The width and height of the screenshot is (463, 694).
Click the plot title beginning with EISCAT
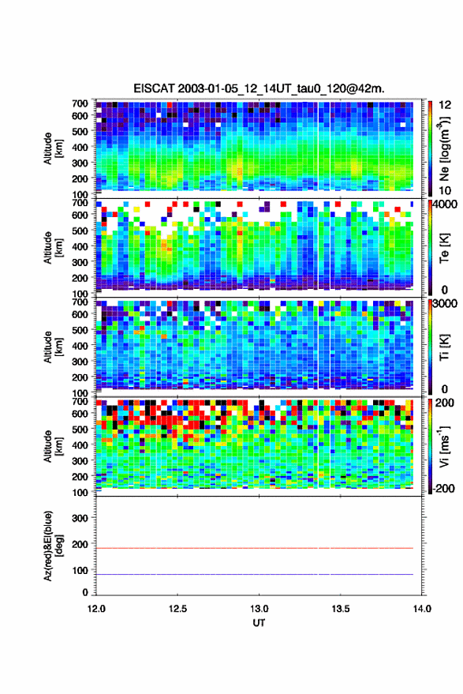click(x=259, y=88)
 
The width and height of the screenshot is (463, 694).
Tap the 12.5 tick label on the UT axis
click(x=177, y=609)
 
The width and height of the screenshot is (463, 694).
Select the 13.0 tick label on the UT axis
click(x=259, y=609)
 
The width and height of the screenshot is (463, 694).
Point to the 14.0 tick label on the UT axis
click(x=421, y=609)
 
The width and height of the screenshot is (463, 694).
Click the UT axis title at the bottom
click(x=259, y=623)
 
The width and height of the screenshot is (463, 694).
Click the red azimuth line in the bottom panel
click(x=255, y=549)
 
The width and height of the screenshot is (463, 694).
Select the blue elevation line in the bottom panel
click(x=255, y=574)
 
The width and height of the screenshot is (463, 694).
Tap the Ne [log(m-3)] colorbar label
click(x=445, y=148)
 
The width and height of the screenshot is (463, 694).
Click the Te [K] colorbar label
click(x=444, y=248)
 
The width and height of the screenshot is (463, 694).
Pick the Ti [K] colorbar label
click(x=444, y=347)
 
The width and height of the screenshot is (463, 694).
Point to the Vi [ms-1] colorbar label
click(x=445, y=447)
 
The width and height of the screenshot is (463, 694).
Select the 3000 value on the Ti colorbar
click(x=444, y=304)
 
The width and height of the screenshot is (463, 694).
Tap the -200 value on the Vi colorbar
click(x=442, y=488)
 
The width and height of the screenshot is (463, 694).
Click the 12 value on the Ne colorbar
click(x=445, y=105)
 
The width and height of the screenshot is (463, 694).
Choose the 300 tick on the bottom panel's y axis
click(x=80, y=518)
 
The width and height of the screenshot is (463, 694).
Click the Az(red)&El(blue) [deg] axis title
click(x=53, y=546)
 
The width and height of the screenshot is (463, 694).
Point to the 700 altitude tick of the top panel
click(x=80, y=103)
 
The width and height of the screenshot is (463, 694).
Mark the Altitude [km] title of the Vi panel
click(x=53, y=446)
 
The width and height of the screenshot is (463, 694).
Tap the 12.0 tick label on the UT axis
click(x=96, y=609)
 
